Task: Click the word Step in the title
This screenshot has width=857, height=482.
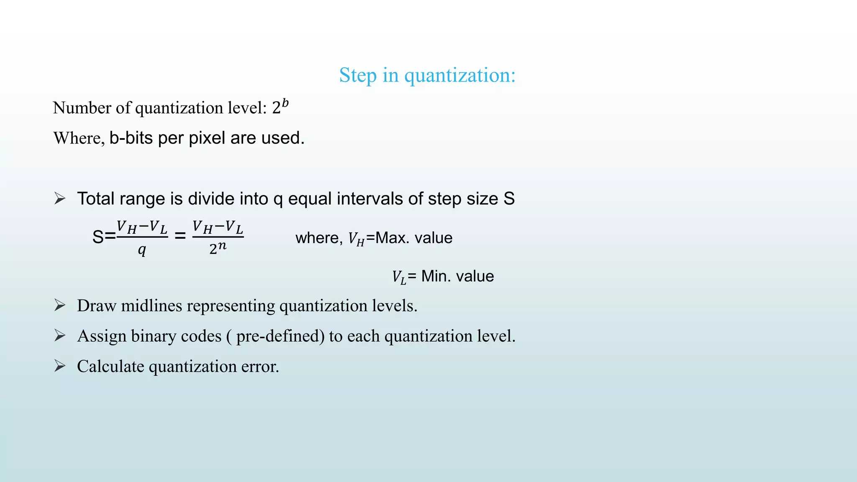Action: click(x=358, y=76)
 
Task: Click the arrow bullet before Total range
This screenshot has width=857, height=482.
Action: click(x=60, y=198)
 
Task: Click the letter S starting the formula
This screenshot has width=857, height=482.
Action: click(x=98, y=237)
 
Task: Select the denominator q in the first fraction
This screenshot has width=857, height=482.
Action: click(x=142, y=250)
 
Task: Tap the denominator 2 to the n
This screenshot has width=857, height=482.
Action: click(x=218, y=248)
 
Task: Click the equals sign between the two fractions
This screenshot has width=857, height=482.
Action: click(x=180, y=236)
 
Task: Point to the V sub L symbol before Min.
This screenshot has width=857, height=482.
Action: click(x=399, y=277)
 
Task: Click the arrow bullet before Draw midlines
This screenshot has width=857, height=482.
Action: click(x=60, y=305)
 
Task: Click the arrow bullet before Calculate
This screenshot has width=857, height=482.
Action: click(x=60, y=366)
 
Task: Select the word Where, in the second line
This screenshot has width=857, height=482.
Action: click(x=79, y=138)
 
